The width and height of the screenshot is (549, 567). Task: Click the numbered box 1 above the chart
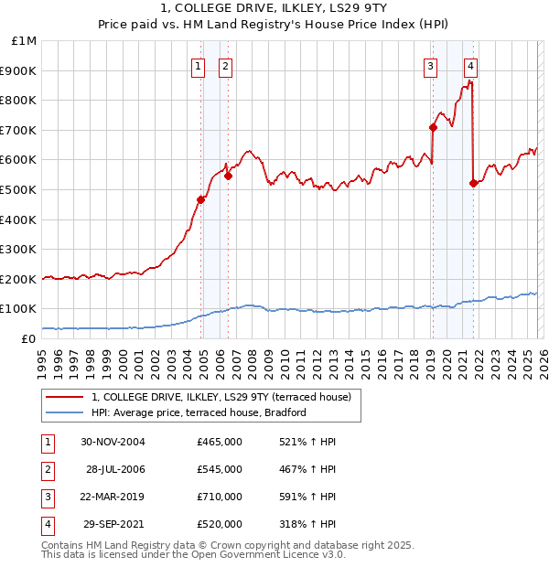point(198,65)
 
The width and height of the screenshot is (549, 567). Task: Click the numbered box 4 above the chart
point(469,65)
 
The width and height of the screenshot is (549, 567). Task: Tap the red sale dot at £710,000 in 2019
point(433,127)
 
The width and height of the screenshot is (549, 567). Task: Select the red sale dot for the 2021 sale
point(473,184)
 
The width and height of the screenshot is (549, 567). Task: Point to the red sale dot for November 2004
point(201,199)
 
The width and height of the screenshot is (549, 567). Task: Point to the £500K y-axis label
point(21,189)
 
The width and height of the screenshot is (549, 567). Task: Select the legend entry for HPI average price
point(199,412)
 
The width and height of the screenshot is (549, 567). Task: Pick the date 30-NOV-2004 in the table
point(113,441)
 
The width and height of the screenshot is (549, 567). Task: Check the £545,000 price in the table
point(220,468)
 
